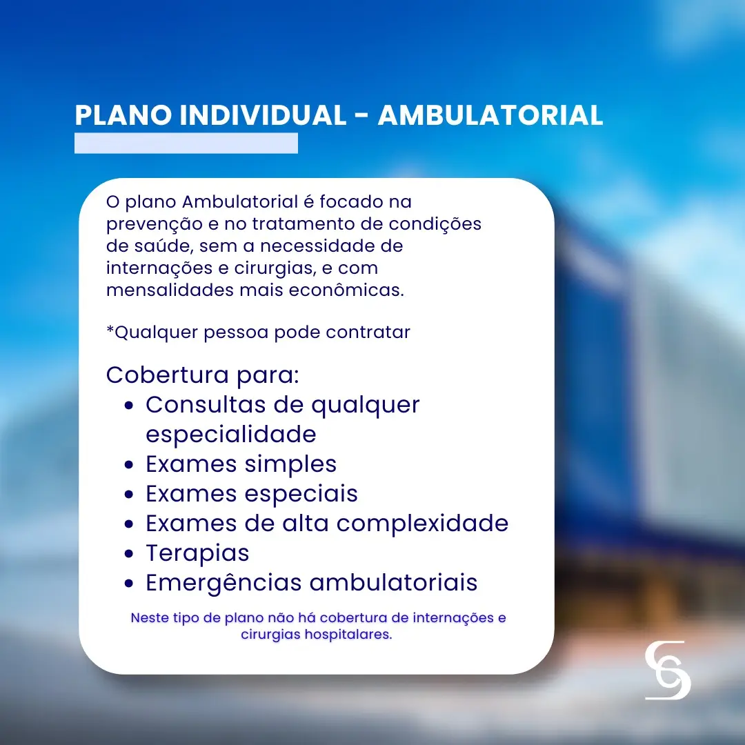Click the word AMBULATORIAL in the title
490,115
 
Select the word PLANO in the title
123,115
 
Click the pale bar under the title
186,143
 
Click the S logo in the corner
668,670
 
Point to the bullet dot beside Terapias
129,554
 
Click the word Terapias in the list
197,553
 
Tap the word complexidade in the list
422,524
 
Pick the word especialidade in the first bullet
231,435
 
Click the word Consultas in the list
206,405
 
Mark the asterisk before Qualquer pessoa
110,328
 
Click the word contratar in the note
368,332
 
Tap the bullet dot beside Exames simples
129,465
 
